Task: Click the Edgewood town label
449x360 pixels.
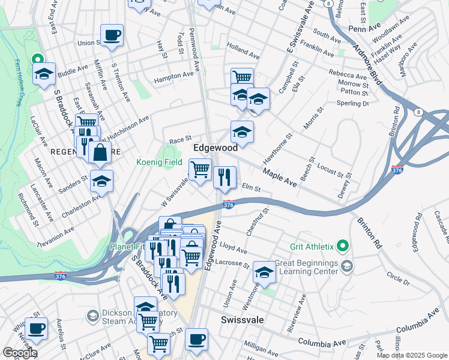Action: (x=215, y=147)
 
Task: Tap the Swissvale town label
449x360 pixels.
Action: (x=243, y=320)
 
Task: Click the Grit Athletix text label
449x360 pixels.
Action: (x=312, y=245)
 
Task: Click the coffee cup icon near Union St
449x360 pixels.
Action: (x=112, y=35)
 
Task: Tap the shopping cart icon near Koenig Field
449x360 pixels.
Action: (x=200, y=168)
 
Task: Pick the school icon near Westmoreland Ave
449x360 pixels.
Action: (x=264, y=272)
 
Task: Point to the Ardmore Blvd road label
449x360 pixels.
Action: (x=368, y=65)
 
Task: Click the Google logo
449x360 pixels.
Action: (x=19, y=353)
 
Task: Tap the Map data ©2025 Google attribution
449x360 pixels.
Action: (x=412, y=355)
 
